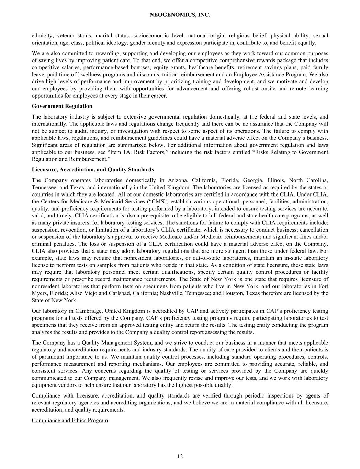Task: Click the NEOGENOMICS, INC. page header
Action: coord(180,15)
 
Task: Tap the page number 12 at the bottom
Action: coord(180,456)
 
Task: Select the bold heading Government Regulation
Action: coord(62,106)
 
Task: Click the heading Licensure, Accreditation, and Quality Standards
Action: coord(93,170)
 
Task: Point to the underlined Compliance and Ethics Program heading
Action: coord(70,420)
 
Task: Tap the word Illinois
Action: coord(275,180)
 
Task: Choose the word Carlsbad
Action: coord(118,293)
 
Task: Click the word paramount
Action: coord(50,357)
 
